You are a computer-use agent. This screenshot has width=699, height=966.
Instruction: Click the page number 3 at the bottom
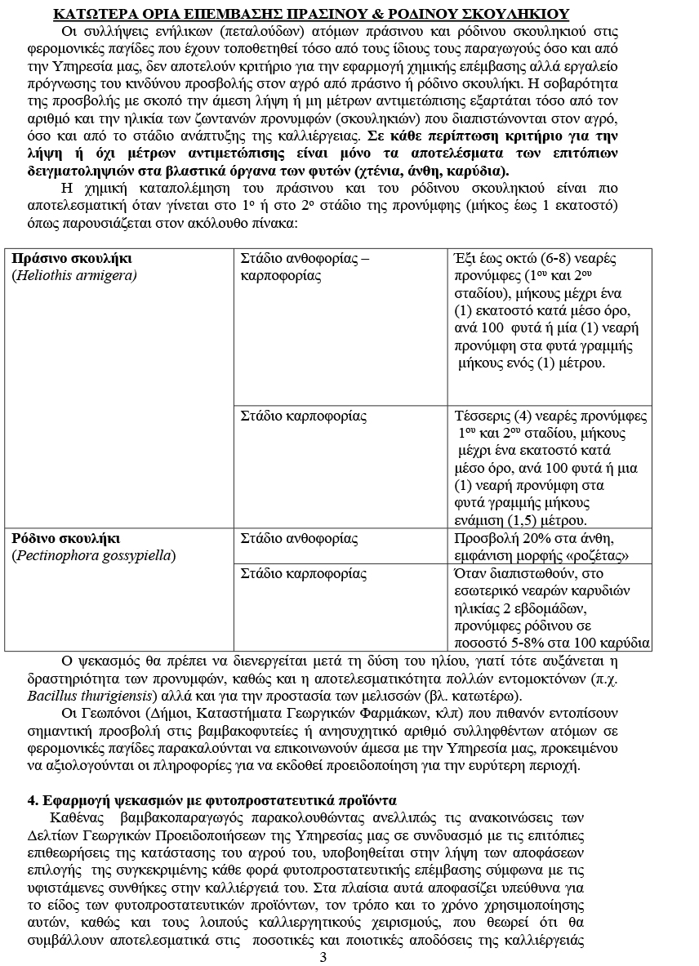[x=323, y=957]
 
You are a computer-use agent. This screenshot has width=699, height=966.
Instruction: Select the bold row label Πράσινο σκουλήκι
[x=73, y=259]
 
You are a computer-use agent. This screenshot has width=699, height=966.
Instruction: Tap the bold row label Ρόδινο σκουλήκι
[x=66, y=538]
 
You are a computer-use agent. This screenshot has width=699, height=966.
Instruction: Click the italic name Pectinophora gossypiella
[x=94, y=555]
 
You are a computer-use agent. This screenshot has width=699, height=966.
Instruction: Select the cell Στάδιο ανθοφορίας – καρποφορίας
[x=305, y=267]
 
